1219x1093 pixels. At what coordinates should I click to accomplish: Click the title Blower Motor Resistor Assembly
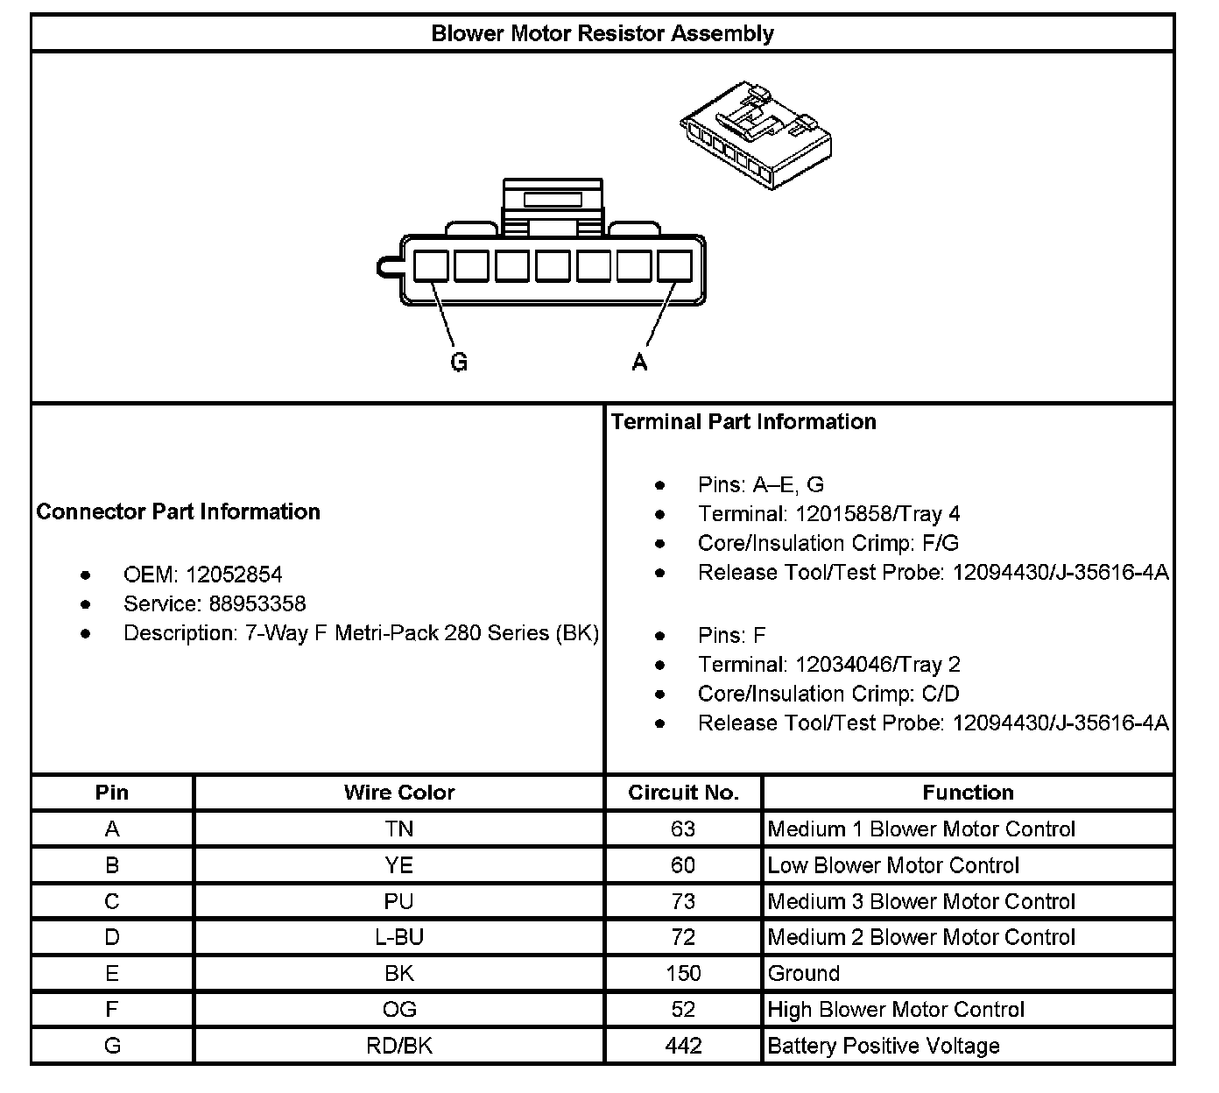602,34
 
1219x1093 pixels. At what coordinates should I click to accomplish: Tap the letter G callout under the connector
459,362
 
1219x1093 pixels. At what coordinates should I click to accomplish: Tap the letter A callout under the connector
640,362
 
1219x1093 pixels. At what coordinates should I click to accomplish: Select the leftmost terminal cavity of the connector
430,265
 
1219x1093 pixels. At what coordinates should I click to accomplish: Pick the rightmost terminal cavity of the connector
674,265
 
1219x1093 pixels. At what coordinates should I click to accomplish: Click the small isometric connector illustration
756,137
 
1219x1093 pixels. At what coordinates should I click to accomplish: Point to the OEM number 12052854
233,575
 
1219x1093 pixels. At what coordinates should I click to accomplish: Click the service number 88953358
244,603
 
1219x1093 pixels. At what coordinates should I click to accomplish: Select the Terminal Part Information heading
743,421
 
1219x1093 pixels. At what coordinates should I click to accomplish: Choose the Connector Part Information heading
179,511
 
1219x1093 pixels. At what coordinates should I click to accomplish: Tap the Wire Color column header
399,793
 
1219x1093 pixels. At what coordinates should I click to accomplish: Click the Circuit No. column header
683,793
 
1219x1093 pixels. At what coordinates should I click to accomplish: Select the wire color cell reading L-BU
399,937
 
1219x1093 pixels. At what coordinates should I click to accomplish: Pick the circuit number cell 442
683,1046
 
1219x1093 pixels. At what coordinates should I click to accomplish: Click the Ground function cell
804,973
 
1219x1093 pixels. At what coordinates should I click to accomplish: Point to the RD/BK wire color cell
399,1046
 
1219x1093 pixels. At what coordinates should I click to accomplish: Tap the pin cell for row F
112,1009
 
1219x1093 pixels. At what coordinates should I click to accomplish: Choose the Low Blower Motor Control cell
893,865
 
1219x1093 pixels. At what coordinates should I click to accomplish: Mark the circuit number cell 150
683,973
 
